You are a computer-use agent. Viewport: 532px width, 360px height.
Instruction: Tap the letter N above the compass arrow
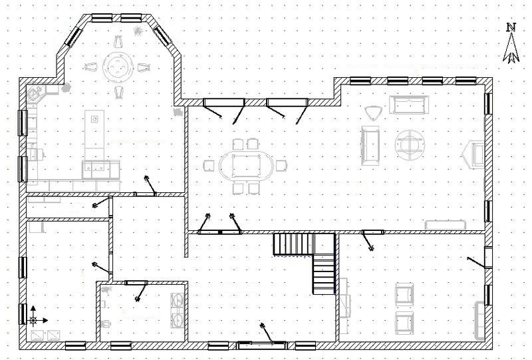[x=511, y=27]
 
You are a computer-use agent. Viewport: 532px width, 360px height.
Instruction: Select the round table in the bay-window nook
[x=117, y=67]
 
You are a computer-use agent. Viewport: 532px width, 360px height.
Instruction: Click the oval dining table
[x=245, y=166]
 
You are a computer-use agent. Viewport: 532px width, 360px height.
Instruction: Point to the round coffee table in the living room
[x=410, y=145]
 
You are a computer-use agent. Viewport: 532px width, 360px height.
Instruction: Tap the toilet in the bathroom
[x=106, y=323]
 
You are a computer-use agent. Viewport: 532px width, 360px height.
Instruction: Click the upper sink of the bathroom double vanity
[x=178, y=301]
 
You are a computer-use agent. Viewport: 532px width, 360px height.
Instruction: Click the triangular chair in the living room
[x=374, y=112]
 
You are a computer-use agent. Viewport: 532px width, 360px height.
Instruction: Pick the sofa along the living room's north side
[x=409, y=105]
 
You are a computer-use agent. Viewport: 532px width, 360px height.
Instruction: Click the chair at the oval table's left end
[x=209, y=166]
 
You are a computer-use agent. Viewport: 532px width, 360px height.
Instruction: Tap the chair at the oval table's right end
[x=281, y=166]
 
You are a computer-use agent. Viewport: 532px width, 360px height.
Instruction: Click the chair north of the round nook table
[x=118, y=42]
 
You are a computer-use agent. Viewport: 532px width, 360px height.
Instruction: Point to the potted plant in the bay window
[x=138, y=31]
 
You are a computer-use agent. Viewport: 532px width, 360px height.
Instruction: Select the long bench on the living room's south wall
[x=445, y=224]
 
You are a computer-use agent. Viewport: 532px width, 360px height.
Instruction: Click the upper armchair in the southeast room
[x=404, y=295]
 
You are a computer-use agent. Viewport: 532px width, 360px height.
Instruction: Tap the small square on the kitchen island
[x=95, y=118]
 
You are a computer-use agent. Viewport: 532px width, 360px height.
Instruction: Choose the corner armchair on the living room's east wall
[x=474, y=154]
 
